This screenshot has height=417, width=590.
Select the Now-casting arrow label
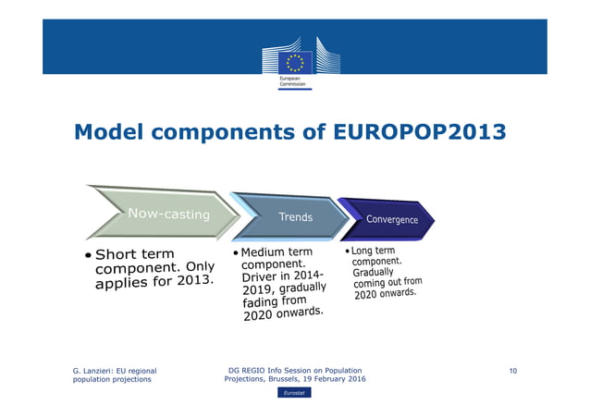point(168,215)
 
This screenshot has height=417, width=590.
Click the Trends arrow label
point(296,217)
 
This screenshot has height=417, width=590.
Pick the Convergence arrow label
point(392,219)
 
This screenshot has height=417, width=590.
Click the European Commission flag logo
point(295,62)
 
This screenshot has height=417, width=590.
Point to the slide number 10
point(511,371)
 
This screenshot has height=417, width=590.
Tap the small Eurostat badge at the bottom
point(295,393)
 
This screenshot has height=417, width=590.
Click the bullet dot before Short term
point(87,255)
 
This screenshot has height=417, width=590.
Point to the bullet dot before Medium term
point(236,252)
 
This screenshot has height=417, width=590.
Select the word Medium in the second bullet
point(262,252)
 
